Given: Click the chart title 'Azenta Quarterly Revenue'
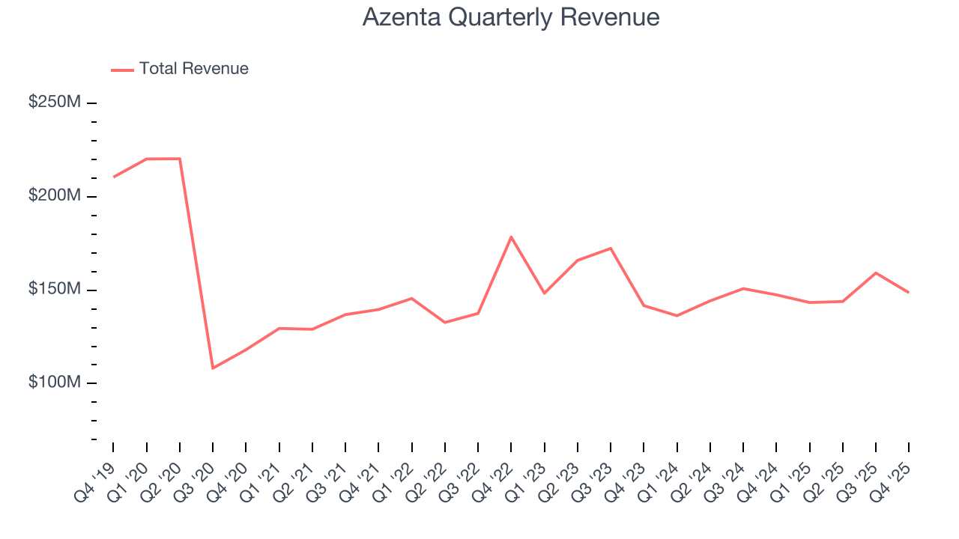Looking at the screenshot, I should (x=511, y=17).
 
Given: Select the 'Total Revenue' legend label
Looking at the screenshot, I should (x=193, y=69).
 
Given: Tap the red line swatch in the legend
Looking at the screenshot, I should (x=122, y=70).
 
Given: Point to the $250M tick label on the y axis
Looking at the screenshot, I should (x=54, y=103).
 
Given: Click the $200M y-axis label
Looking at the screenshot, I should (x=54, y=196).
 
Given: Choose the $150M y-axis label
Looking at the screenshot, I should (x=54, y=290).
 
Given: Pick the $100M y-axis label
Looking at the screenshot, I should (x=54, y=383).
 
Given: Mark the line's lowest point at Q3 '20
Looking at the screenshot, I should (x=213, y=368).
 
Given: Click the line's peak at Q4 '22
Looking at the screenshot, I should (x=511, y=237).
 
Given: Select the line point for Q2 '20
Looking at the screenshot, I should (x=180, y=159).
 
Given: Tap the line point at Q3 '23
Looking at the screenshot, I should (x=611, y=248).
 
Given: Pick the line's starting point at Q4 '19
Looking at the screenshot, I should (x=114, y=177).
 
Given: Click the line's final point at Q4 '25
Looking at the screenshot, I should (x=909, y=292).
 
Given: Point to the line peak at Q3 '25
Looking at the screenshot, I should (x=876, y=272).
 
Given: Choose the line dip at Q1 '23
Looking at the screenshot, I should (x=544, y=293).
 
